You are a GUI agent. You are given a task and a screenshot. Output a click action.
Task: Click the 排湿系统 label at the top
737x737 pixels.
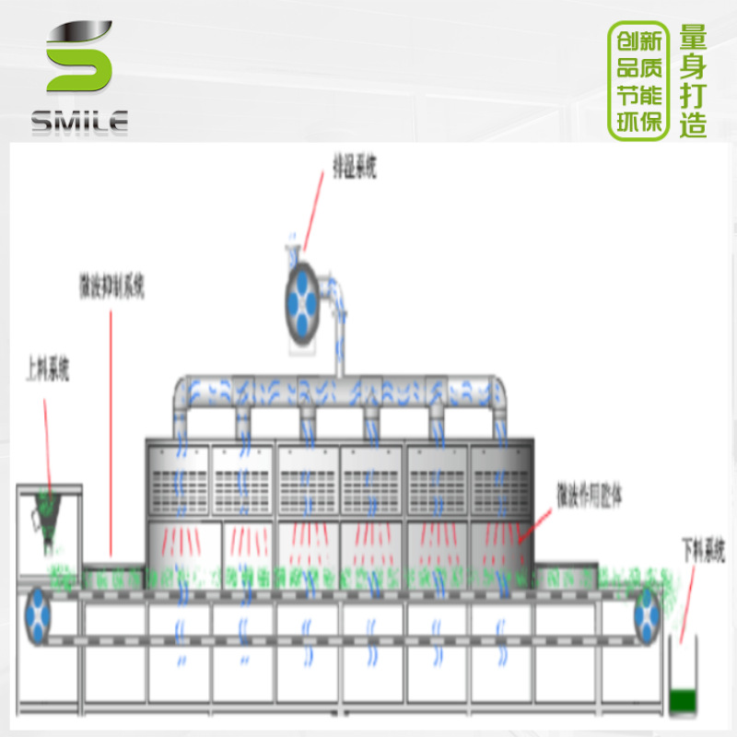tap(355, 166)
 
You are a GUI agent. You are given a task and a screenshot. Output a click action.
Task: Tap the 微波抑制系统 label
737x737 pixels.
tap(111, 287)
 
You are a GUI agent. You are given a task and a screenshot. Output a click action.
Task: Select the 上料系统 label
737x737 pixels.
tap(47, 372)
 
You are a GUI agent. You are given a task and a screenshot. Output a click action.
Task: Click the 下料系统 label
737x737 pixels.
tap(703, 552)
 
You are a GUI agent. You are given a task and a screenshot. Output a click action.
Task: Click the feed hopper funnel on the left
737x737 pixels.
tap(48, 517)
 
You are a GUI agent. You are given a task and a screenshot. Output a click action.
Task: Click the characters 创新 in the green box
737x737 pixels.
tap(638, 41)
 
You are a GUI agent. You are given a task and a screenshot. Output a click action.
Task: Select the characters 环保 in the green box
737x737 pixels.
tap(638, 123)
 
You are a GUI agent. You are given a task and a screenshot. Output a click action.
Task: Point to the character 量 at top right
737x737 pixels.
tap(693, 38)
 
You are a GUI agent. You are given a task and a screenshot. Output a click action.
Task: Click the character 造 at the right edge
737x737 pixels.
tap(693, 124)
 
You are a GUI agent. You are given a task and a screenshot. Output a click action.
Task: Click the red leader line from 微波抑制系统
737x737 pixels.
tap(111, 433)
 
